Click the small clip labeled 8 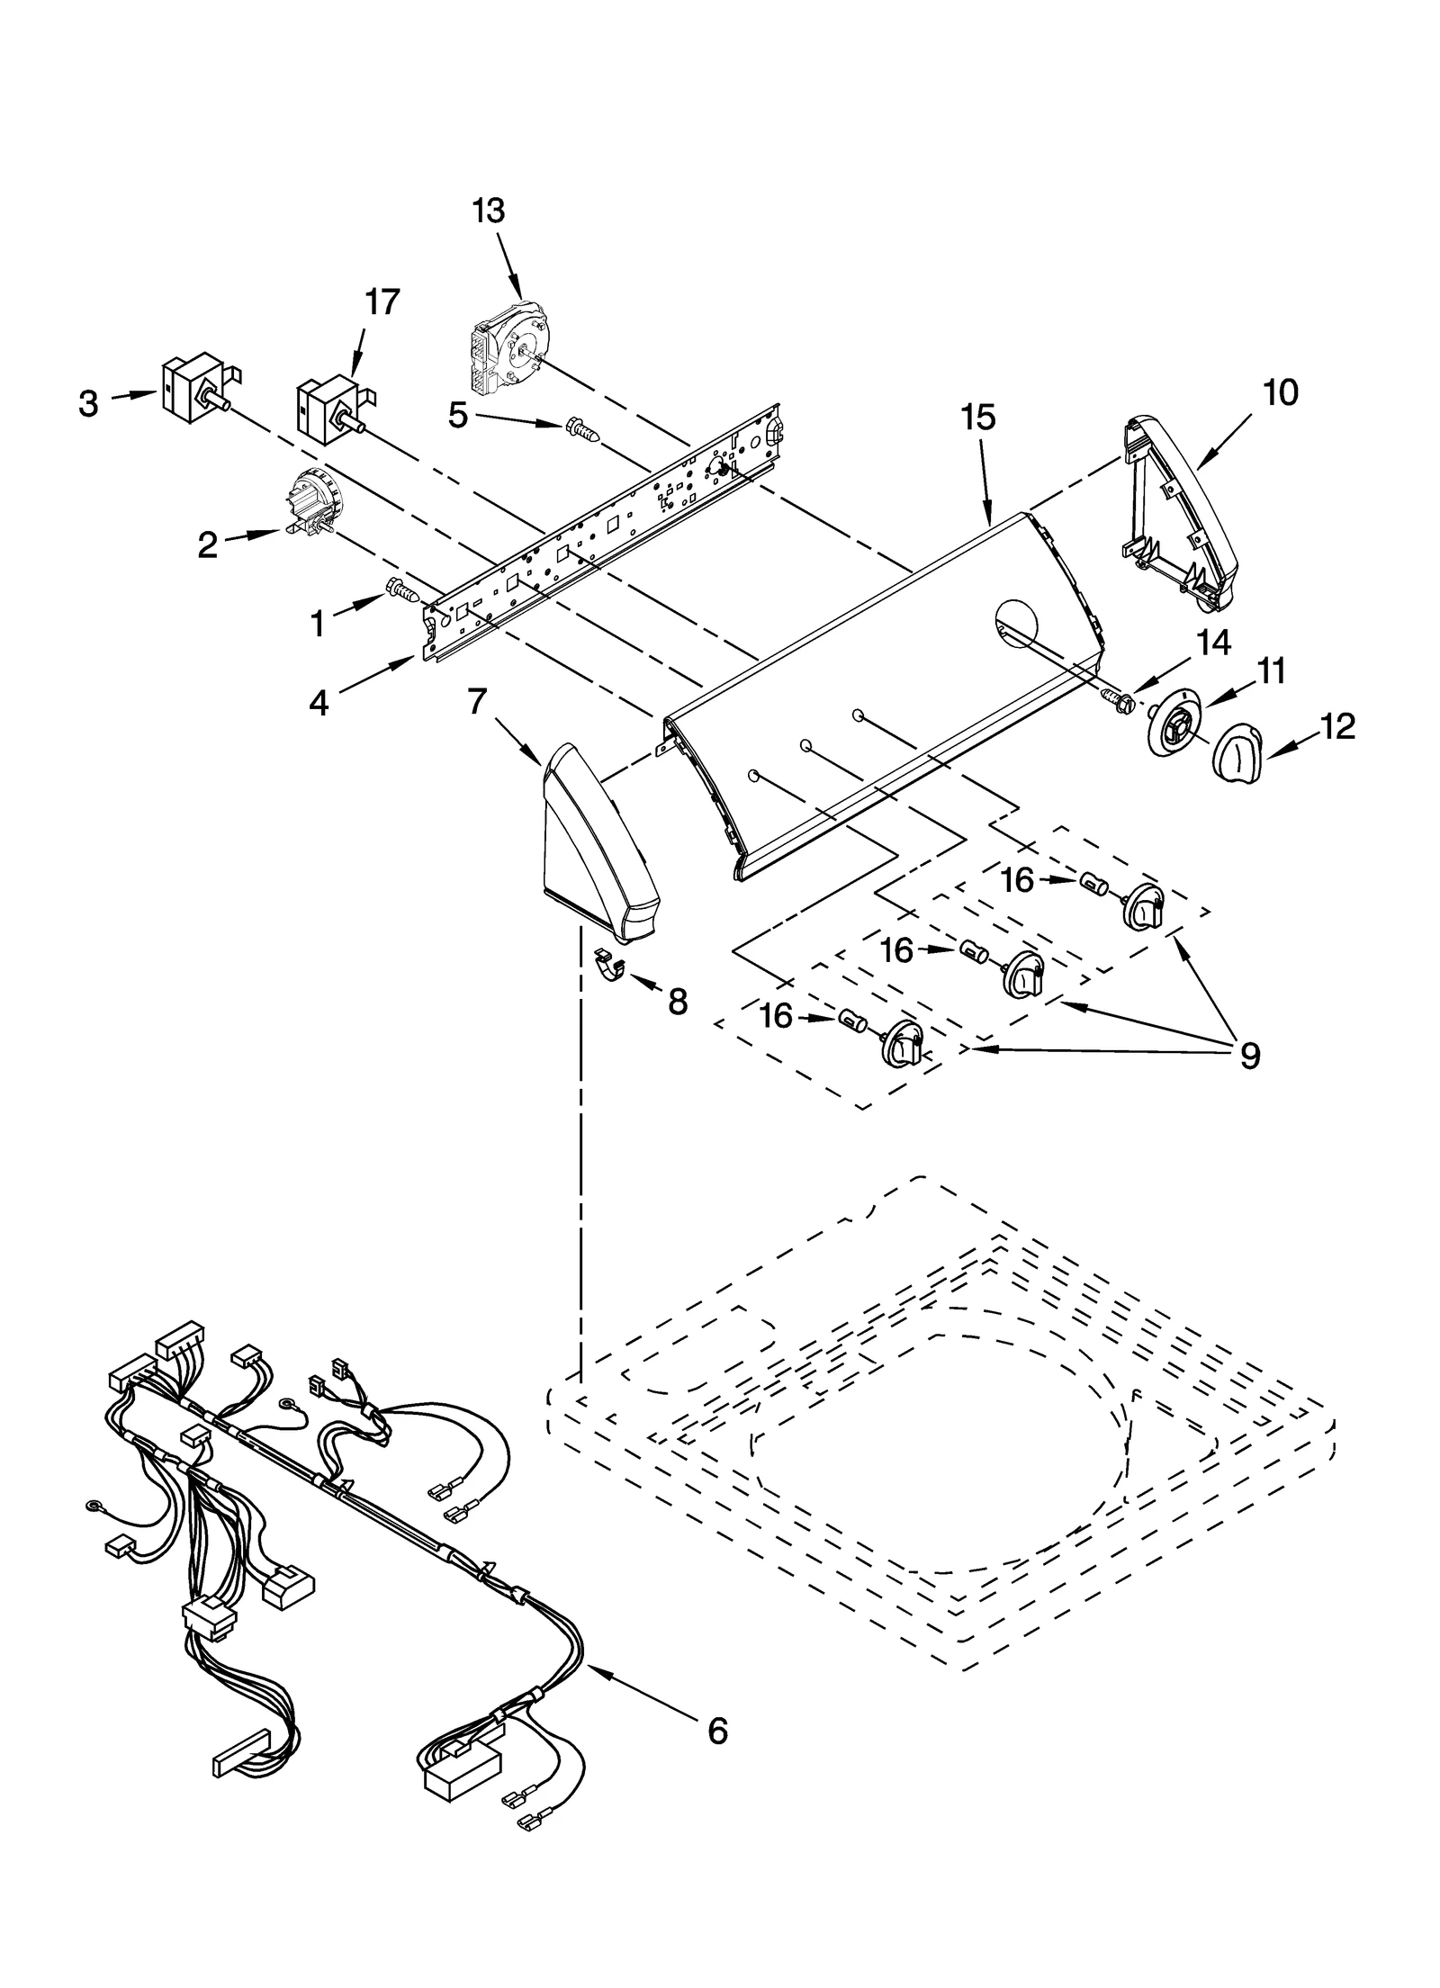pos(613,966)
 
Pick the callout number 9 pos(1249,1055)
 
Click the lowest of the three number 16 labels pos(776,1016)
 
